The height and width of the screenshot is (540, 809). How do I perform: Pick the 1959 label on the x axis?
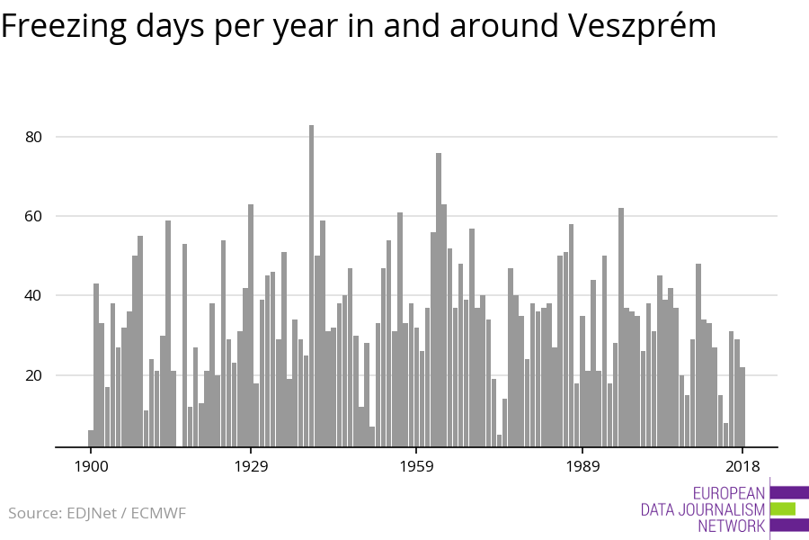click(x=416, y=466)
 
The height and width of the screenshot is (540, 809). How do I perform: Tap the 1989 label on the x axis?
click(x=582, y=466)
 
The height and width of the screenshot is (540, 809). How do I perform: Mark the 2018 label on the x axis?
click(x=742, y=466)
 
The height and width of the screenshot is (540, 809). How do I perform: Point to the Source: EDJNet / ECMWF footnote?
click(x=97, y=513)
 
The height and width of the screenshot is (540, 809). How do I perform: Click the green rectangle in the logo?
click(x=783, y=508)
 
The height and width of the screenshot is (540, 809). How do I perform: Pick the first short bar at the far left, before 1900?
click(x=91, y=438)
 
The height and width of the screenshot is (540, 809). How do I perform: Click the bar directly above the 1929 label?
click(x=251, y=325)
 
